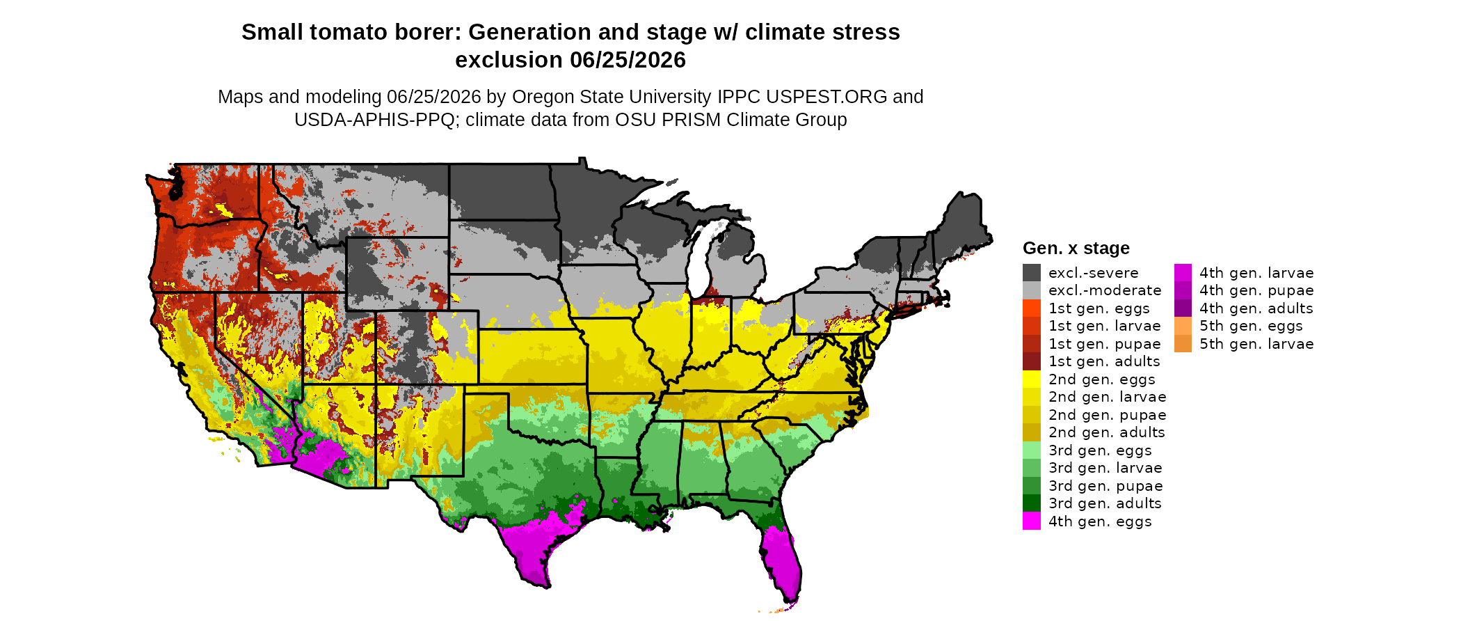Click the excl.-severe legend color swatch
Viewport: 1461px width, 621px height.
point(1032,273)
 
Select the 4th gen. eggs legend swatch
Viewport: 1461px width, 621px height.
point(1032,521)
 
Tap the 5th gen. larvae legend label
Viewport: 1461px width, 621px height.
point(1256,344)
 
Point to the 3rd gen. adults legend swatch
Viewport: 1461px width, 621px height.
point(1032,503)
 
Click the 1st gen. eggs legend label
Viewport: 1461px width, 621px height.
point(1099,308)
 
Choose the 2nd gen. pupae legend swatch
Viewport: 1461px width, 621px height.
point(1032,415)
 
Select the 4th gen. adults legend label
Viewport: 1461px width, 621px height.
point(1256,308)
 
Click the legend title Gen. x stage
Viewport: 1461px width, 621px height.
point(1076,249)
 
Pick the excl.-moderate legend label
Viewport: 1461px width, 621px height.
point(1105,290)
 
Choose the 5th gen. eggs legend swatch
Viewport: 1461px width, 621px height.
point(1183,326)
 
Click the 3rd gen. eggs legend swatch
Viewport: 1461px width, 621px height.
point(1032,450)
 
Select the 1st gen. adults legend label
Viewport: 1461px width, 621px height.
point(1104,361)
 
